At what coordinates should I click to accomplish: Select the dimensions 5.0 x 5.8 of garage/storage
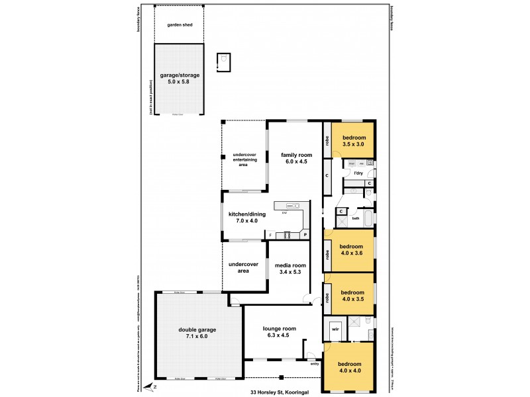[x=179, y=81]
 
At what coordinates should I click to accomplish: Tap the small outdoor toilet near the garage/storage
[x=224, y=62]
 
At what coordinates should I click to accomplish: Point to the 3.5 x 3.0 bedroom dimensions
[x=354, y=144]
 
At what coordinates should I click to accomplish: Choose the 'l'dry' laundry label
[x=358, y=173]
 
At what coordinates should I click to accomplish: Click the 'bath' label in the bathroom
[x=356, y=218]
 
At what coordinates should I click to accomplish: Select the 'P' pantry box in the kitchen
[x=305, y=234]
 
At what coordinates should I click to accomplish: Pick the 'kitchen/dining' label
[x=243, y=214]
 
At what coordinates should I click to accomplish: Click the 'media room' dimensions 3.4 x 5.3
[x=291, y=271]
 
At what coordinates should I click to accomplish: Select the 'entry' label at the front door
[x=313, y=363]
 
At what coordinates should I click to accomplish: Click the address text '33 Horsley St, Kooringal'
[x=282, y=392]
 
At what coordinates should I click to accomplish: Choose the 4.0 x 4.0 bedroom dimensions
[x=349, y=371]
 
